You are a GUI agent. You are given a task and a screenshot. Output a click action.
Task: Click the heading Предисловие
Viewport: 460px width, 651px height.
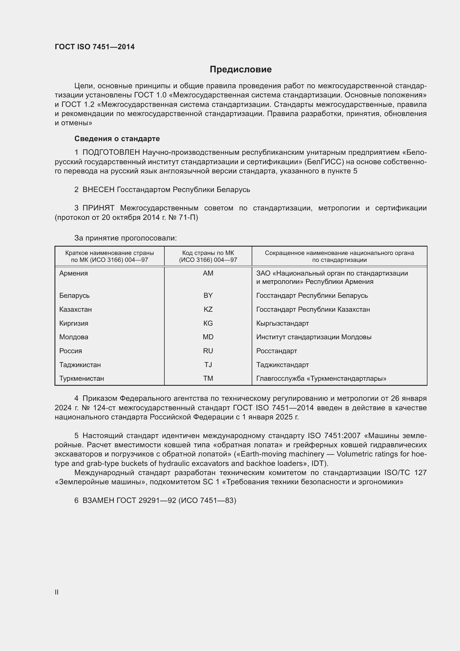241,70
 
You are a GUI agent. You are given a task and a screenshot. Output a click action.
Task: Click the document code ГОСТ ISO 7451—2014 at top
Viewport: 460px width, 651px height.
95,47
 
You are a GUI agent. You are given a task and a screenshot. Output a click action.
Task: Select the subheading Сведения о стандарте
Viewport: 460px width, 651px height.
117,139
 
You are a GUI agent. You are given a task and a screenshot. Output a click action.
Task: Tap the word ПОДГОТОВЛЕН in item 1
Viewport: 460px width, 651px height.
111,153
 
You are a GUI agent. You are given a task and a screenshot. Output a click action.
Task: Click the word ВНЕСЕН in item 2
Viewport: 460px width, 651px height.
98,190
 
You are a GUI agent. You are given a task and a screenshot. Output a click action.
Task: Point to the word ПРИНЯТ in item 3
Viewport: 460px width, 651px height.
98,208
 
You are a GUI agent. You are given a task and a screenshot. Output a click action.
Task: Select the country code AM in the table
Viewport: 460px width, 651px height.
208,273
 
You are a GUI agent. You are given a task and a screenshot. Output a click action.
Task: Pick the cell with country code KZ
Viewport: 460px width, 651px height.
208,309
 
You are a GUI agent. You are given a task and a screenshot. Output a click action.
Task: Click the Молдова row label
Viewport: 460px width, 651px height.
74,337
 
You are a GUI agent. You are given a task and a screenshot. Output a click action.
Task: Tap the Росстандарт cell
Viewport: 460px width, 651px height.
276,351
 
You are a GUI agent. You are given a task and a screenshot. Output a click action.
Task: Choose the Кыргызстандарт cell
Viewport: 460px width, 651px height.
282,323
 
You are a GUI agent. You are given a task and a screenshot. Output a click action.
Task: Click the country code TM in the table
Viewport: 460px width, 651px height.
208,379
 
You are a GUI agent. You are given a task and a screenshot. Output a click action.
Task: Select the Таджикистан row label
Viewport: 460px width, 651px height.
80,365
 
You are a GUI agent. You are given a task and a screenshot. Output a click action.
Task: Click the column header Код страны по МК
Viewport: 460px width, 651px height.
208,253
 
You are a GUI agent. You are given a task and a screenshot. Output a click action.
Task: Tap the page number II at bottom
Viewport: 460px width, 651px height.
57,592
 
